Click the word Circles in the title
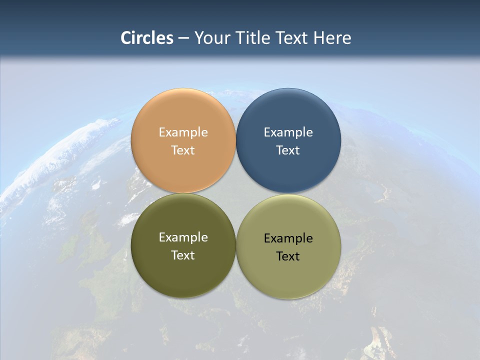pos(147,38)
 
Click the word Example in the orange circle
pos(183,132)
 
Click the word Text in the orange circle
pos(183,150)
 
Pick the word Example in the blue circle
pos(288,132)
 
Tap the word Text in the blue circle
pos(288,150)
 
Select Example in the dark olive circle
pos(183,237)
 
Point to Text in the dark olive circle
pos(183,255)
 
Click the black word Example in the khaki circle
pos(288,238)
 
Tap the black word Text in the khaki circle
pos(288,256)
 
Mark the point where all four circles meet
pos(236,193)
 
